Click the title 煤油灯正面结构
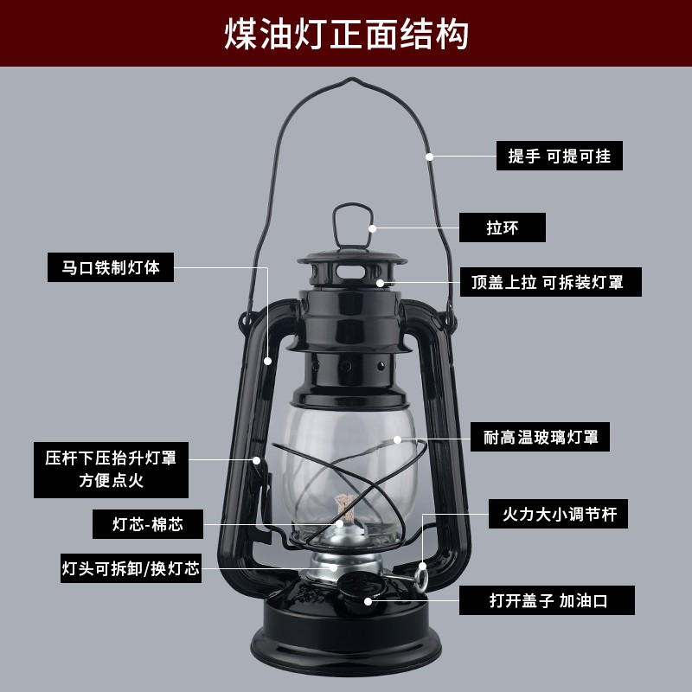(x=346, y=34)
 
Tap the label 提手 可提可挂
(x=559, y=156)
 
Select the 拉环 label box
(x=503, y=227)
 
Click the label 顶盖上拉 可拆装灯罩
(x=551, y=282)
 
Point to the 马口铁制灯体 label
(x=111, y=267)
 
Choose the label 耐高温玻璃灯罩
(x=540, y=437)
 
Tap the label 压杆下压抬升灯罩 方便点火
(x=112, y=470)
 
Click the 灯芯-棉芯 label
(x=148, y=524)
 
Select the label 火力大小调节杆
(x=558, y=514)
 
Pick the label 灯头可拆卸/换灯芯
(x=131, y=568)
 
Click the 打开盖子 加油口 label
(x=548, y=600)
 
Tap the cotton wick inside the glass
(x=345, y=506)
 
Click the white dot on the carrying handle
(x=429, y=157)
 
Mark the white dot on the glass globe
(x=397, y=439)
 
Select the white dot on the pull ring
(x=373, y=228)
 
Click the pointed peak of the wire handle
(x=352, y=78)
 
